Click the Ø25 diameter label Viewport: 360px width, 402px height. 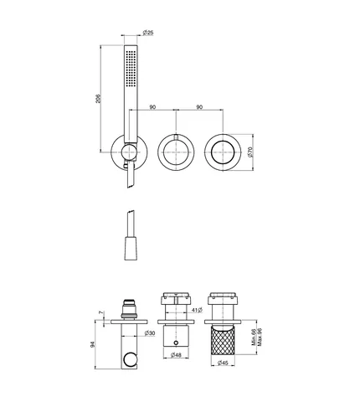[x=148, y=33]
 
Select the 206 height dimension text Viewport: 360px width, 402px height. [x=98, y=99]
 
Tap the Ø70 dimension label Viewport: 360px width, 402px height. [x=250, y=152]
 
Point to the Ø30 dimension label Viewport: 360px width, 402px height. [x=150, y=333]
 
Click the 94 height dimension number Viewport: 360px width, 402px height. [x=93, y=344]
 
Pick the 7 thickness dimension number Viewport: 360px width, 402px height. [x=101, y=312]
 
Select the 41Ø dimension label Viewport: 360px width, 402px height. [x=197, y=310]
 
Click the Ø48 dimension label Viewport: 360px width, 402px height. [x=176, y=355]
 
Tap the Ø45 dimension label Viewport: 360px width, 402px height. [x=223, y=363]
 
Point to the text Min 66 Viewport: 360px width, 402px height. [x=254, y=337]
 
